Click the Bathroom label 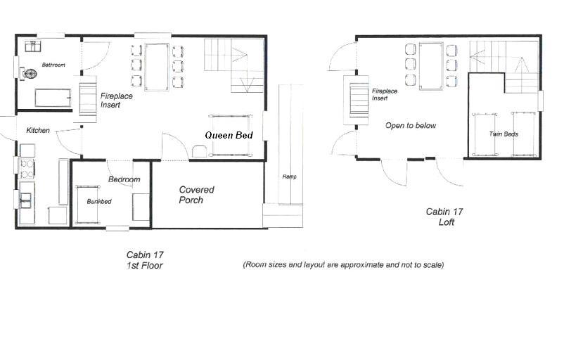[53, 65]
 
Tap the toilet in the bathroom [29, 73]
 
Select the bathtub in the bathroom [53, 98]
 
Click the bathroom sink [33, 46]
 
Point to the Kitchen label [38, 130]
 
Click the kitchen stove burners [26, 169]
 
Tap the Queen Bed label [229, 135]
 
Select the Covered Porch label [196, 195]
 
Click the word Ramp [290, 176]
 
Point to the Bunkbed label [99, 201]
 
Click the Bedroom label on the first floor [124, 179]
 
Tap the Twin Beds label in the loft [504, 134]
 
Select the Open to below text [411, 126]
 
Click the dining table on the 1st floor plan [156, 67]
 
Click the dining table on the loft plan [430, 66]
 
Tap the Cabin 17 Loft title [444, 217]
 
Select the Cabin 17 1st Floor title [145, 260]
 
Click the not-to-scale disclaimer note [343, 265]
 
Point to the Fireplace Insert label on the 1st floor [116, 101]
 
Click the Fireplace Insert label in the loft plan [385, 95]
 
